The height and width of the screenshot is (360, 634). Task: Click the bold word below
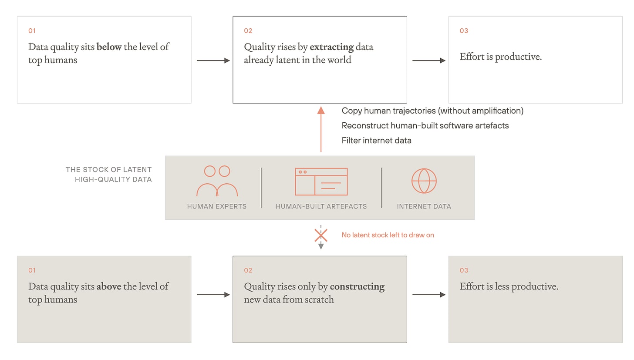(x=109, y=47)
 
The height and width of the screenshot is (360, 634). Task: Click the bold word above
(x=109, y=286)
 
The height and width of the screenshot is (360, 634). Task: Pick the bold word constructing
(x=357, y=287)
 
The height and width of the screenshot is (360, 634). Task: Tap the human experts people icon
(x=217, y=181)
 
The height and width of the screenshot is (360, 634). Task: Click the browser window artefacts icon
(x=321, y=182)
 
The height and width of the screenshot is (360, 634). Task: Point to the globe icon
(x=424, y=181)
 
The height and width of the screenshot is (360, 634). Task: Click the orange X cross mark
(x=321, y=236)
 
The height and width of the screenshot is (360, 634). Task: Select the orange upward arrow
(x=321, y=129)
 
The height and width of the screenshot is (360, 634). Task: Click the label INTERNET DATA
(x=424, y=207)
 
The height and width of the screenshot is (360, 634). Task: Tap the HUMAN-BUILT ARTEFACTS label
(x=321, y=207)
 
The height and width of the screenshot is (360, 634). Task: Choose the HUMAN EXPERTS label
(x=217, y=207)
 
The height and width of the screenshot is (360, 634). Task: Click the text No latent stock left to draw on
(x=388, y=235)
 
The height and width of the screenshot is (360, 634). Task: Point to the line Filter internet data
(x=376, y=141)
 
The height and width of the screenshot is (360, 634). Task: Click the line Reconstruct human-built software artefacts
(x=425, y=126)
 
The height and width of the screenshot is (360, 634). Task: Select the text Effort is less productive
(x=509, y=287)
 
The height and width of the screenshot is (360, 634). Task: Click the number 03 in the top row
(x=464, y=31)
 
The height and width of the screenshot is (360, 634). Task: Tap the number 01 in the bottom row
(x=32, y=271)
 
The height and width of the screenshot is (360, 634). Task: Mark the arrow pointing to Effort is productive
(x=429, y=61)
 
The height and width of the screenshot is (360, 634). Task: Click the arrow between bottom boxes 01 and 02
(x=213, y=295)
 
